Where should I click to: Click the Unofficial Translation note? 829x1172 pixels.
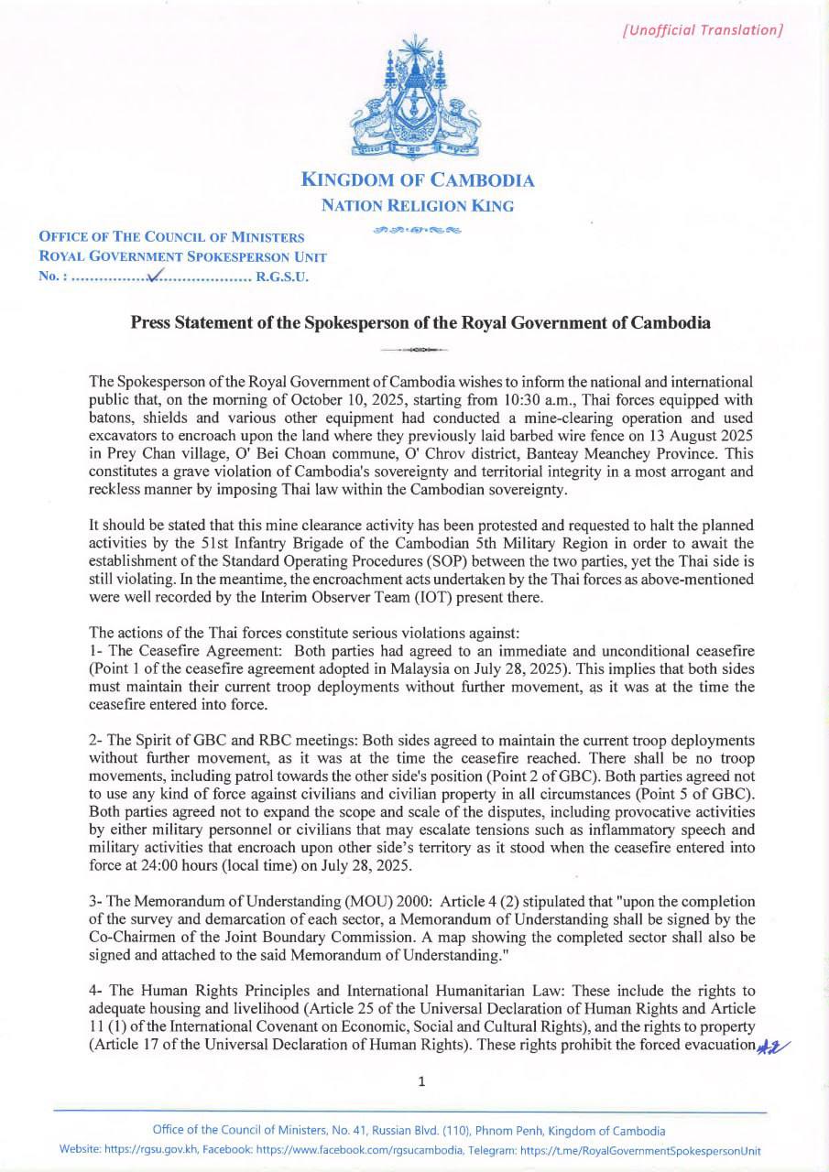tap(703, 29)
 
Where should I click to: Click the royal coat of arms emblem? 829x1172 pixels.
tap(418, 99)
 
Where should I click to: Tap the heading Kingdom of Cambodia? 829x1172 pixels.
tap(418, 180)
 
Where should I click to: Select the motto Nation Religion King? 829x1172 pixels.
tap(418, 206)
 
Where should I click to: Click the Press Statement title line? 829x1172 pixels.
tap(420, 323)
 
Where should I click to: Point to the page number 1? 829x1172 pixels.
tap(420, 1081)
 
